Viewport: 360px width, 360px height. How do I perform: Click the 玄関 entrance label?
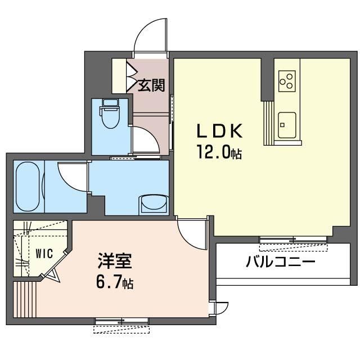(x=151, y=85)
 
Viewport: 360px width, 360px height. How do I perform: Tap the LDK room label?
(x=220, y=131)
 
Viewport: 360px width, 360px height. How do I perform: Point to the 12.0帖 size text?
(x=219, y=152)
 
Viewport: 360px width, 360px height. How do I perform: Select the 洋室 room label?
(x=115, y=261)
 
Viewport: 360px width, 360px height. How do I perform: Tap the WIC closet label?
(x=44, y=254)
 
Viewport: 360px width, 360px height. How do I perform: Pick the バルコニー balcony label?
(x=281, y=262)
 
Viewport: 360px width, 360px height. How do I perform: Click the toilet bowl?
(x=111, y=114)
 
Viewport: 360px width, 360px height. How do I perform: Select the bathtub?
(x=28, y=186)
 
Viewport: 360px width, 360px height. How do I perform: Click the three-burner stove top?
(x=287, y=81)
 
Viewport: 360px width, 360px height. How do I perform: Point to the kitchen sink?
(x=287, y=125)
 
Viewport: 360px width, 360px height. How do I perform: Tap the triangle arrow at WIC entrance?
(x=55, y=275)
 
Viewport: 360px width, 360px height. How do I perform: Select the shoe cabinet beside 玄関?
(x=119, y=76)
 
